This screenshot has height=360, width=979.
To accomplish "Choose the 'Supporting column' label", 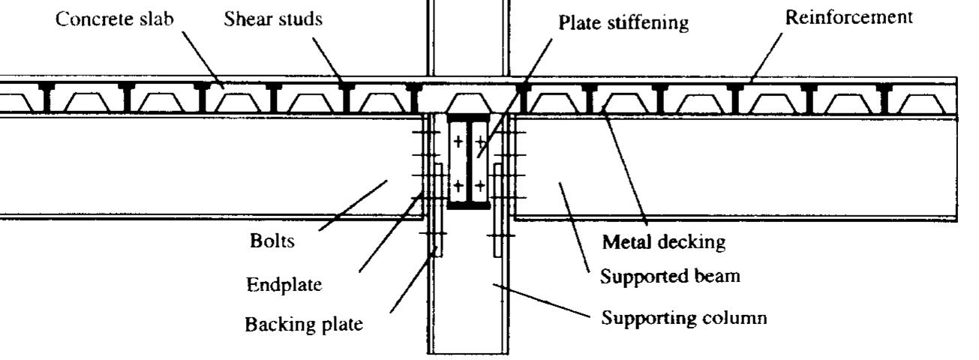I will pos(684,318).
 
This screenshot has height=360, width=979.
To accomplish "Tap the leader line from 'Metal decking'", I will pos(623,169).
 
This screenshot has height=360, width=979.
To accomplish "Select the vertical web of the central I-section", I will pos(468,161).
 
